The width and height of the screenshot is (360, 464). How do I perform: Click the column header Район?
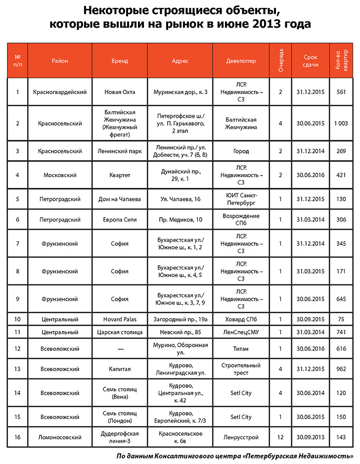pyautogui.click(x=60, y=61)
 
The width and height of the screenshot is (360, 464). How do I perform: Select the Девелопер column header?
pyautogui.click(x=241, y=61)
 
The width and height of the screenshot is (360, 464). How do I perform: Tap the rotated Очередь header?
pyautogui.click(x=280, y=60)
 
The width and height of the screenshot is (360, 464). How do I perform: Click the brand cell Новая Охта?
pyautogui.click(x=120, y=92)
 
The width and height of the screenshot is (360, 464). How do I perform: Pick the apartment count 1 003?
pyautogui.click(x=341, y=123)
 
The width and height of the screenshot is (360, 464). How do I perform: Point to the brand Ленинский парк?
pyautogui.click(x=120, y=151)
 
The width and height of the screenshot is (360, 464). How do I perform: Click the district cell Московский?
pyautogui.click(x=60, y=175)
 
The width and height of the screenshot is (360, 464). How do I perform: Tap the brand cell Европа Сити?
pyautogui.click(x=120, y=220)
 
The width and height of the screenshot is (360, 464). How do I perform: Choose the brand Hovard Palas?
pyautogui.click(x=120, y=319)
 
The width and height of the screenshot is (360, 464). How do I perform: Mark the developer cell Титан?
pyautogui.click(x=241, y=349)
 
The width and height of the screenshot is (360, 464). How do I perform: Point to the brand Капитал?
pyautogui.click(x=120, y=369)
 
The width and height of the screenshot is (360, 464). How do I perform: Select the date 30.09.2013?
pyautogui.click(x=311, y=437)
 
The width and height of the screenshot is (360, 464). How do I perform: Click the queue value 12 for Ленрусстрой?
pyautogui.click(x=280, y=437)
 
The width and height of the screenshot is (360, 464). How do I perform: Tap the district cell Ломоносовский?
pyautogui.click(x=60, y=437)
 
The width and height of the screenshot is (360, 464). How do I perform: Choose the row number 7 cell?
pyautogui.click(x=18, y=243)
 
